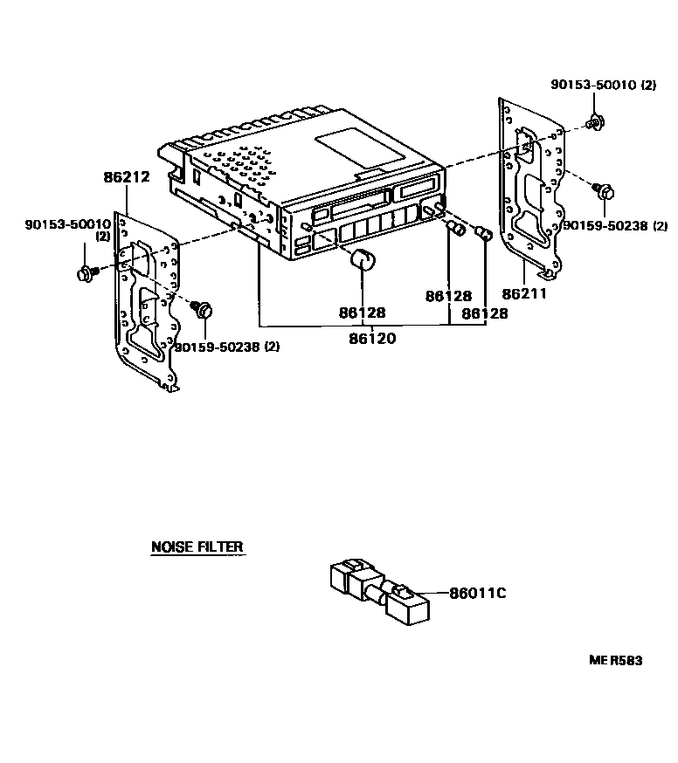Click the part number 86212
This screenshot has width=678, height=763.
127,176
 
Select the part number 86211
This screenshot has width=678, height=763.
524,294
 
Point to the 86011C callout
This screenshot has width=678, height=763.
478,594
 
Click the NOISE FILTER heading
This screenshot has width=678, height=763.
197,547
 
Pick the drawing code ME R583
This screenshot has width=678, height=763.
614,661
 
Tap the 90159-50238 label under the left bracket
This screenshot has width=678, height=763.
226,347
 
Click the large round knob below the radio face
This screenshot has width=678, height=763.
361,259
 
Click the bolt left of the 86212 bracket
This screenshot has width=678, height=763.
86,274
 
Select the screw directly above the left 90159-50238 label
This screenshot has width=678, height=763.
203,310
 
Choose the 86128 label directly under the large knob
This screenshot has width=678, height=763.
362,312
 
